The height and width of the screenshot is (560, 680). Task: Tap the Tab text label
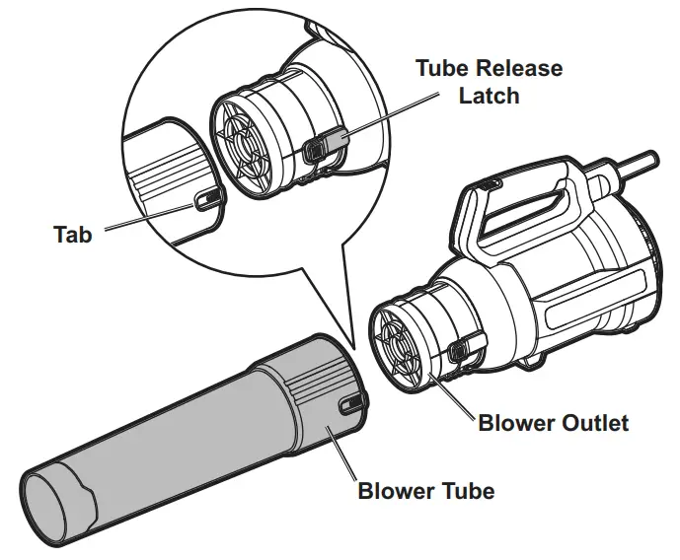pyautogui.click(x=72, y=235)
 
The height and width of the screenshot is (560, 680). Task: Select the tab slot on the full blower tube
pyautogui.click(x=350, y=404)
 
